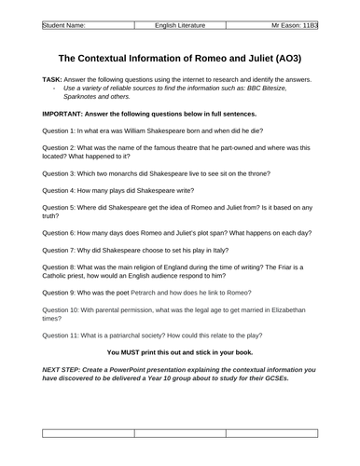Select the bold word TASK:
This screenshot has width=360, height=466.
[x=55, y=80]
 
